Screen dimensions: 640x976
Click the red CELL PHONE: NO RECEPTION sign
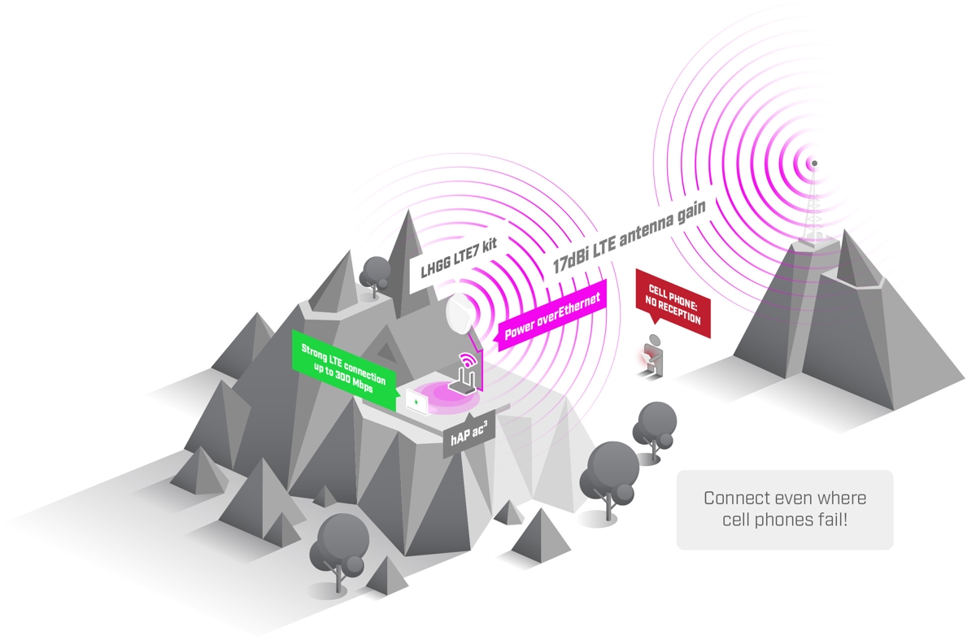673,304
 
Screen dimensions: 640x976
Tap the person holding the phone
653,355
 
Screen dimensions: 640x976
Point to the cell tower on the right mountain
813,211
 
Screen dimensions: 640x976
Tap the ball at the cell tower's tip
813,163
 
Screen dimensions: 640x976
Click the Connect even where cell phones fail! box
785,509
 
